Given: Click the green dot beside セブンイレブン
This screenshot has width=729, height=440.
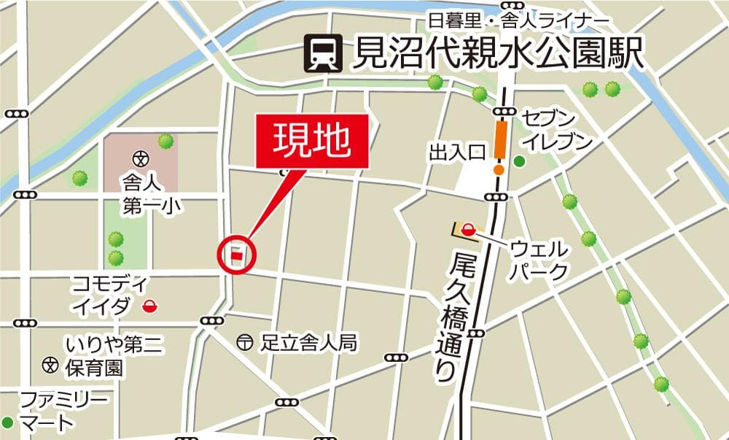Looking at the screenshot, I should click(x=519, y=161).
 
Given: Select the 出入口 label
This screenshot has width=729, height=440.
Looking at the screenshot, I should click(x=457, y=153).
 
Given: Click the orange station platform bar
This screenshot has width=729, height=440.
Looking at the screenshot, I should click(x=500, y=141).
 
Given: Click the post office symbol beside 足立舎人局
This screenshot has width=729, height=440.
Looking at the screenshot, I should click(x=246, y=341).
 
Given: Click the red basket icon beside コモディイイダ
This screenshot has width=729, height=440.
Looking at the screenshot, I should click(x=151, y=306).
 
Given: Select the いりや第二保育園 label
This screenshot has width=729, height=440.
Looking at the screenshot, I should click(x=103, y=355).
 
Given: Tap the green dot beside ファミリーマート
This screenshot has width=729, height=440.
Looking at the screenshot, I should click(x=8, y=422).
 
